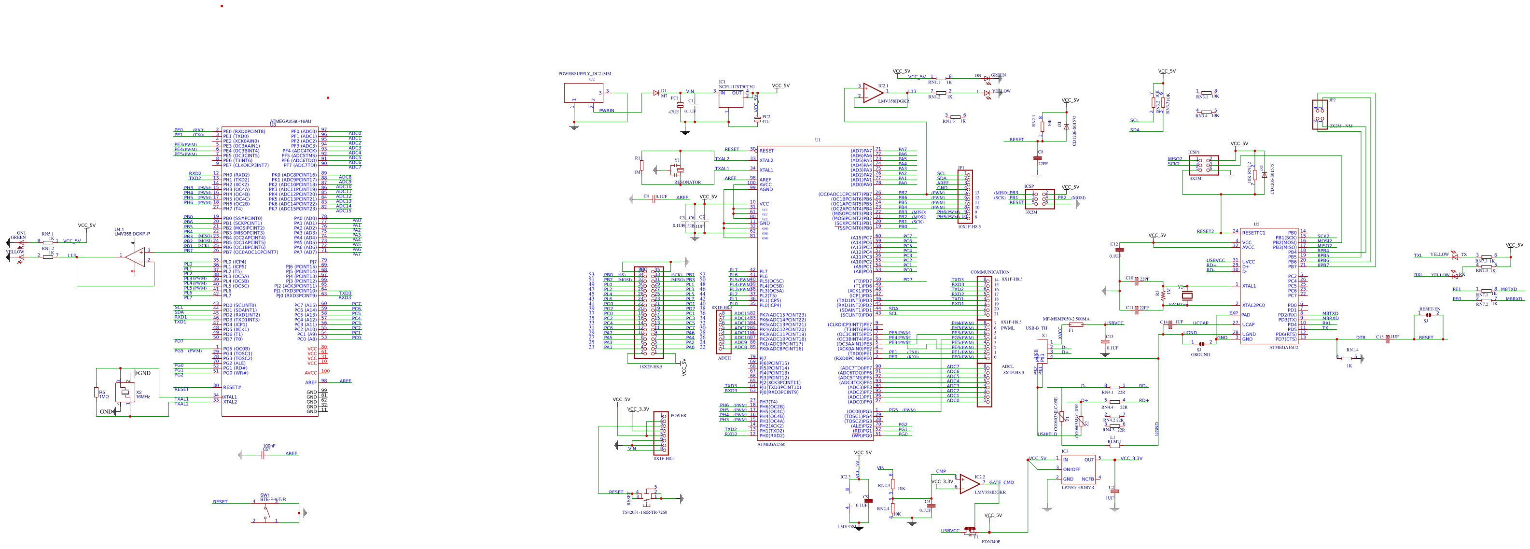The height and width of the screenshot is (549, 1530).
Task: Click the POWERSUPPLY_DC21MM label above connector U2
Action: point(584,74)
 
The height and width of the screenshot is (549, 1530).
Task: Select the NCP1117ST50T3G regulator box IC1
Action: point(731,98)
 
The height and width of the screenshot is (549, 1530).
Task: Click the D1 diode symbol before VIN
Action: point(656,93)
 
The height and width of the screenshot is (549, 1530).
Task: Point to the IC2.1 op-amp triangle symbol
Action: point(872,93)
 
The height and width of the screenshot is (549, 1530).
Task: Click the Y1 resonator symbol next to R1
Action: point(677,170)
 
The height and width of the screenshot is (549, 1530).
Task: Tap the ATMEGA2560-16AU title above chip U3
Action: point(291,121)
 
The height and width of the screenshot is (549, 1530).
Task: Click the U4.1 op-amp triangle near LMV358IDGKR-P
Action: point(136,257)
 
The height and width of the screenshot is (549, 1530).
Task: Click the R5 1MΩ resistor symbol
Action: point(96,392)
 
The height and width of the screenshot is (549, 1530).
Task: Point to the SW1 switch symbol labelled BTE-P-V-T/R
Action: point(270,511)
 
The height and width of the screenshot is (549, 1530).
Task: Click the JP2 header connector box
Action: point(1319,114)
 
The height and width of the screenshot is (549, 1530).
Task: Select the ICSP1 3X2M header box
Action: point(1203,165)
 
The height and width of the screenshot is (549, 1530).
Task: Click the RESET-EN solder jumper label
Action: point(1430,309)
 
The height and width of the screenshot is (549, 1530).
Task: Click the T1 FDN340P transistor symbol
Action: point(971,531)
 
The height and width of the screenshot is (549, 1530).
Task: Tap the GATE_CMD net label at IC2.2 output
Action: point(1001,482)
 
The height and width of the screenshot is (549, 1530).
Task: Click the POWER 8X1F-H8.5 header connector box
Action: point(660,434)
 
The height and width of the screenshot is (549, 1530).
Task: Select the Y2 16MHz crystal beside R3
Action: point(1187,296)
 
